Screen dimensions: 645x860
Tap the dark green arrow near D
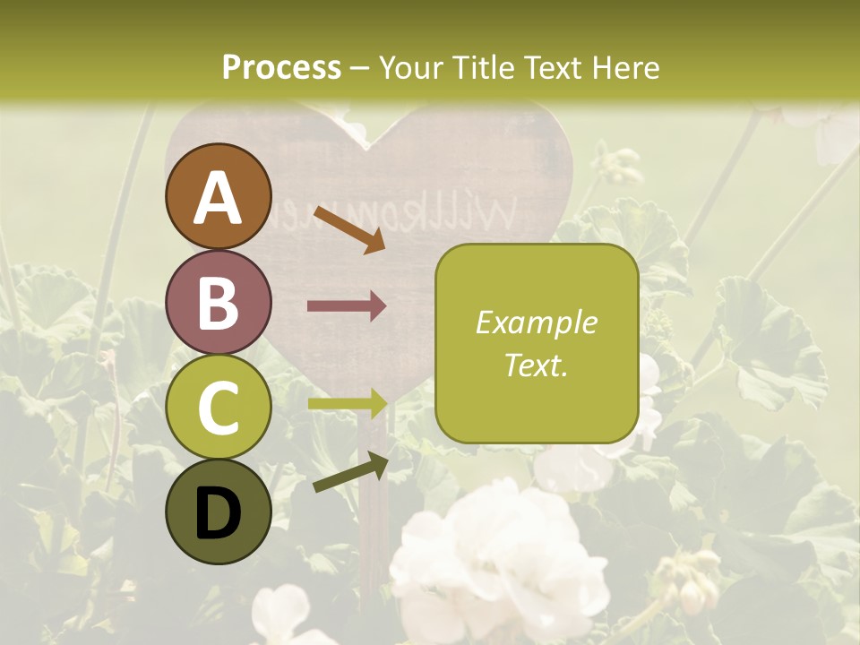tap(350, 472)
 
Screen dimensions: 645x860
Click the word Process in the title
tap(281, 67)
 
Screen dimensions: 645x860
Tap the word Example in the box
tap(536, 322)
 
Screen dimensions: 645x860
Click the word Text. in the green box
tap(536, 365)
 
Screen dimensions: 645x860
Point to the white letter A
tap(219, 197)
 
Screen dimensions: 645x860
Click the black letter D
tap(219, 513)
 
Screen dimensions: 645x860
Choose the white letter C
tap(219, 408)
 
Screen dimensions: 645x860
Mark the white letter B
tap(219, 303)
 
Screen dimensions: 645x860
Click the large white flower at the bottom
tap(497, 555)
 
